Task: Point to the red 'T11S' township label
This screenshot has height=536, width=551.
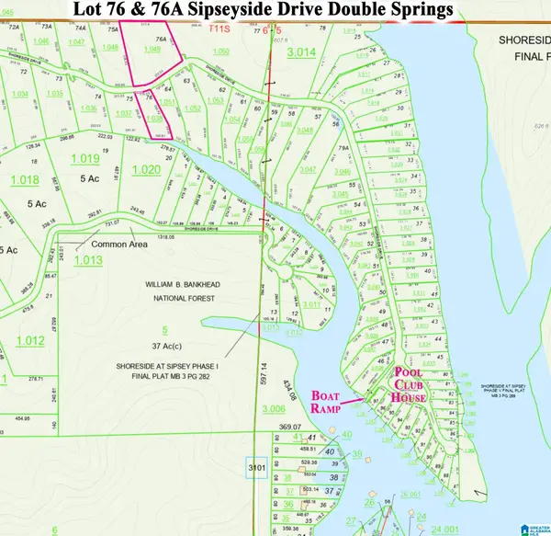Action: click(x=221, y=29)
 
